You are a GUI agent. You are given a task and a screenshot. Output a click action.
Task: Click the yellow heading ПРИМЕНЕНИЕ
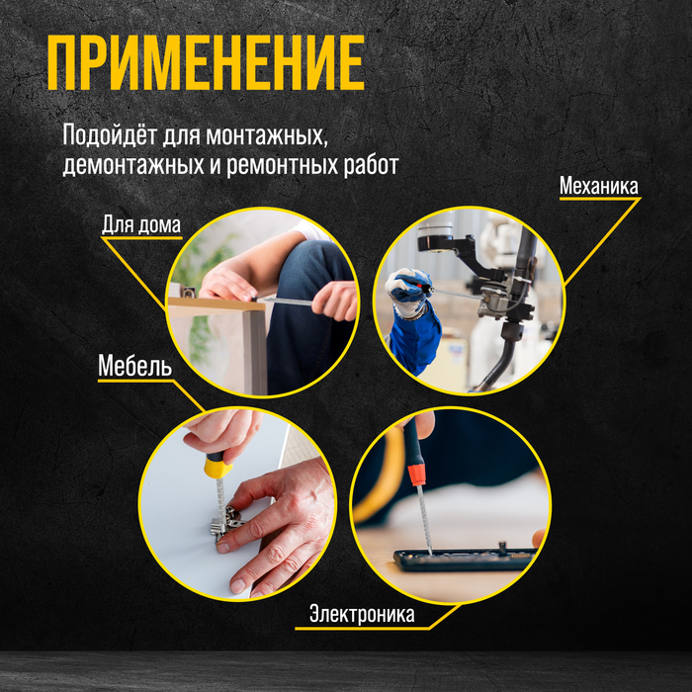206,62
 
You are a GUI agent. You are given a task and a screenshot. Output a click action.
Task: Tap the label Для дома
141,224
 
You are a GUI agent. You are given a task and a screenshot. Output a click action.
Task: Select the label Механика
599,186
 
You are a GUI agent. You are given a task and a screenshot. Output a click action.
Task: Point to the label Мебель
134,365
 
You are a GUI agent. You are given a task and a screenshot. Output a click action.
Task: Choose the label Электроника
362,614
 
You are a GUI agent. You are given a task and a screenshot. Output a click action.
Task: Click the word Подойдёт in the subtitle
110,134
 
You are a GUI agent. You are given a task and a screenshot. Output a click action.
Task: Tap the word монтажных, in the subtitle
267,136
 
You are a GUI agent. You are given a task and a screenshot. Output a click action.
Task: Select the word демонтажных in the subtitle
133,165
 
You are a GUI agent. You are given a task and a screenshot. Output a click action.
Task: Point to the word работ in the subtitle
371,165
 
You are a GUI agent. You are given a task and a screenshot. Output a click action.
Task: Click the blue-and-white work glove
409,292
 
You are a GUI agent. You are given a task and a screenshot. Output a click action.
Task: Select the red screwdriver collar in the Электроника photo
416,474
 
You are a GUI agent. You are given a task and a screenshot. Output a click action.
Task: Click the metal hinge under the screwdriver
226,523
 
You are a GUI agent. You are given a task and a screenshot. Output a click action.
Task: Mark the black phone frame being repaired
465,560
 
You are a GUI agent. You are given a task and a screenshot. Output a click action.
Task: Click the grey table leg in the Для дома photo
255,352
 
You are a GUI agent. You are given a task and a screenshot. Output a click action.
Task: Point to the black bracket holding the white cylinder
459,254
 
